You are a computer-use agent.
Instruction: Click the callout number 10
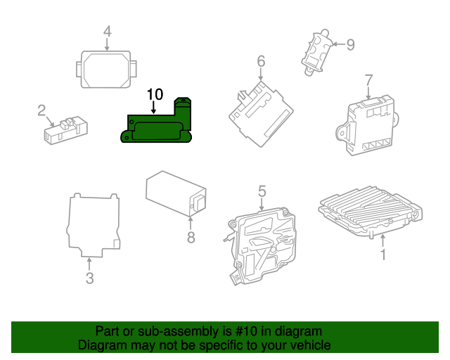(x=154, y=94)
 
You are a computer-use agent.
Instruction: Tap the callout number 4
(x=107, y=31)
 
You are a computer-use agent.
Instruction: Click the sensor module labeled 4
(x=106, y=69)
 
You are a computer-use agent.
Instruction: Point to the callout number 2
(x=41, y=110)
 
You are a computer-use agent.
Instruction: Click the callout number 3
(x=89, y=278)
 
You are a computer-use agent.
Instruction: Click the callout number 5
(x=262, y=191)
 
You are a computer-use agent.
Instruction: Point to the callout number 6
(x=261, y=61)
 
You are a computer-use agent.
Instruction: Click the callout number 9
(x=350, y=44)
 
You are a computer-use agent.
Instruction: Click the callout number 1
(x=383, y=255)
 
